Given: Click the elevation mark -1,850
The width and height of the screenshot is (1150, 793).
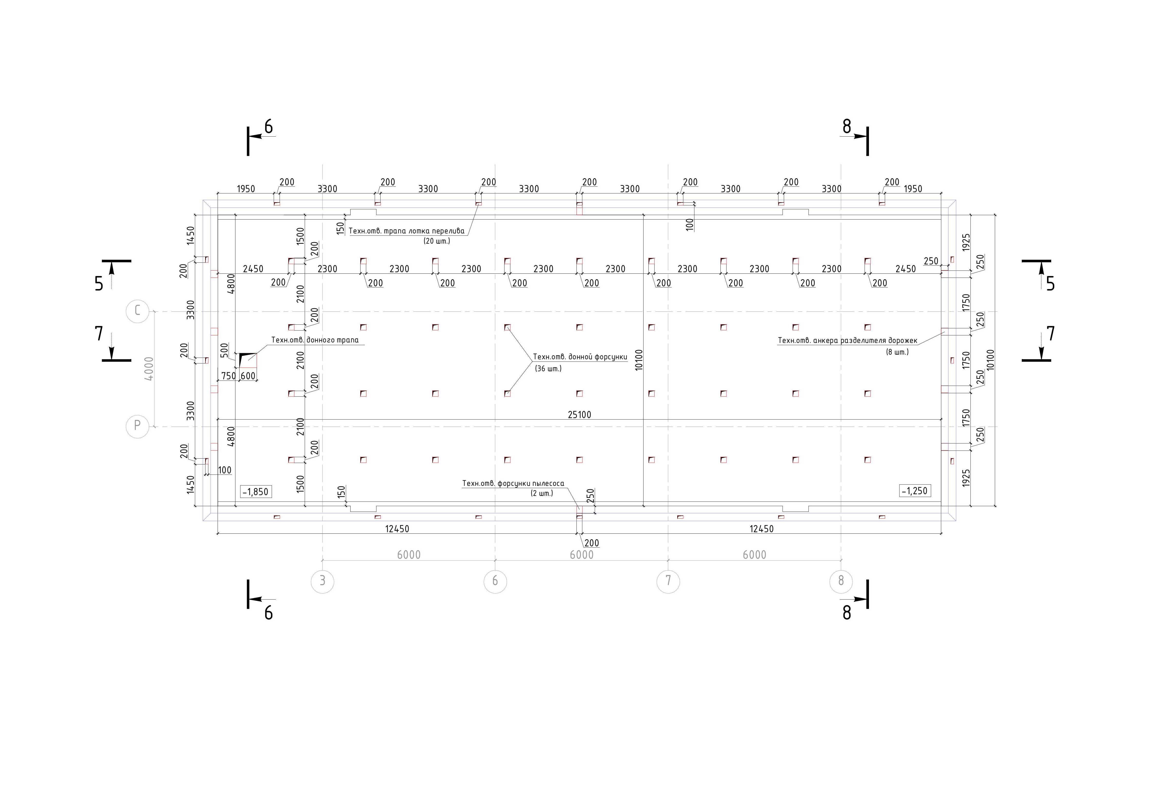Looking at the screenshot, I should point(255,492).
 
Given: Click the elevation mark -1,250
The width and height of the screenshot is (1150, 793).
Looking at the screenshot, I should point(914,491).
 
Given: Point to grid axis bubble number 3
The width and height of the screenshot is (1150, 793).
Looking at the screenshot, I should point(323,581).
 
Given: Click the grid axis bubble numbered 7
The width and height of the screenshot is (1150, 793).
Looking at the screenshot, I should point(668,581).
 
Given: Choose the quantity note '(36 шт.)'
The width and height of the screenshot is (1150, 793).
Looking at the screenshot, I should point(548,369).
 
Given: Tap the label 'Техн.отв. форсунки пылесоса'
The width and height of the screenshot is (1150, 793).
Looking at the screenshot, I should point(513,483).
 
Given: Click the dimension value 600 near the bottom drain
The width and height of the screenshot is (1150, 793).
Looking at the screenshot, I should point(248,376).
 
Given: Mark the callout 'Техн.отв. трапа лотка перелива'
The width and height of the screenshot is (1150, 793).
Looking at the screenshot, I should point(406,231).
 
